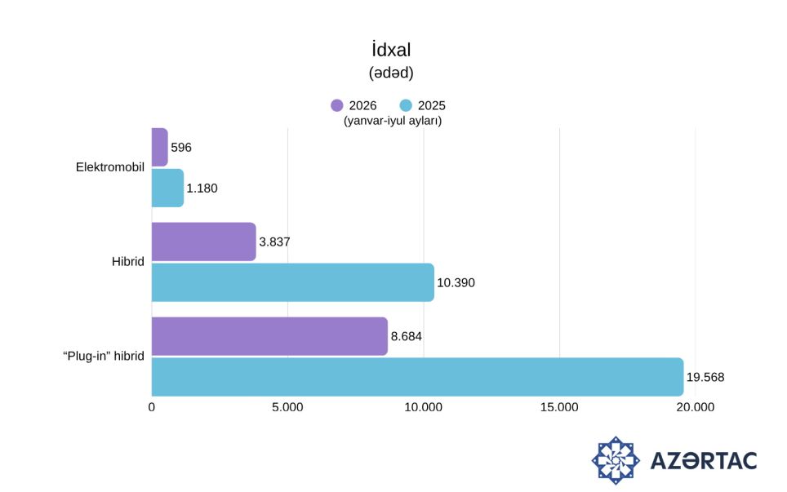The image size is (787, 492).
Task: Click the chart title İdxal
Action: (x=391, y=50)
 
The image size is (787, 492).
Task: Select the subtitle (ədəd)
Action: (x=391, y=73)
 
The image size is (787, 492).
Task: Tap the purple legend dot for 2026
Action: (x=337, y=105)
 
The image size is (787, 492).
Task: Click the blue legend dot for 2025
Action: (x=406, y=105)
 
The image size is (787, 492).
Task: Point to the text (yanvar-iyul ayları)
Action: (x=393, y=121)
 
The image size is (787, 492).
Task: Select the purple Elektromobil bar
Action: (x=160, y=148)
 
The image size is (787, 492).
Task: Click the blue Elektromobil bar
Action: (x=167, y=188)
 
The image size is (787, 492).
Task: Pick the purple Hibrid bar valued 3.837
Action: (x=204, y=242)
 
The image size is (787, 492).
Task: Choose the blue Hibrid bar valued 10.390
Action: (x=292, y=282)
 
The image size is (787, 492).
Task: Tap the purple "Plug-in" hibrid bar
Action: (x=269, y=336)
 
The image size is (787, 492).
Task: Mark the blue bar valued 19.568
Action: (x=418, y=377)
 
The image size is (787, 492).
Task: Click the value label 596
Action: (x=181, y=148)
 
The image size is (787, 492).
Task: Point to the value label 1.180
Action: (x=202, y=188)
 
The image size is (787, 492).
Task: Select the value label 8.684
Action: (x=406, y=336)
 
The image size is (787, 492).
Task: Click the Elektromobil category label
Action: (x=110, y=167)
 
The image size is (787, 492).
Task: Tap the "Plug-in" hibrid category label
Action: (x=104, y=356)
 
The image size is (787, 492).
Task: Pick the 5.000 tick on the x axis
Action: (x=287, y=407)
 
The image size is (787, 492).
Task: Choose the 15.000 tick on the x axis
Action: (x=559, y=407)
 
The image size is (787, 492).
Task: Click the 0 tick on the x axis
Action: (x=152, y=407)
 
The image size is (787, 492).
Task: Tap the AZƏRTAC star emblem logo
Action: (x=616, y=460)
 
